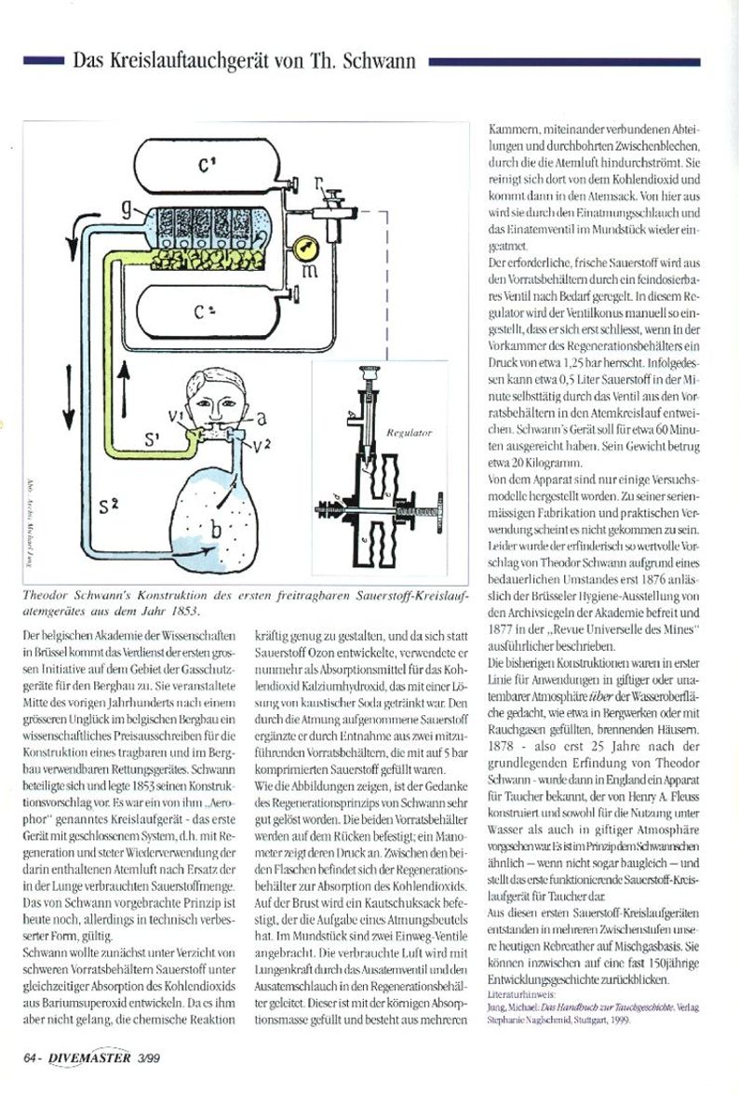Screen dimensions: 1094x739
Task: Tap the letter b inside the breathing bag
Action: coord(216,528)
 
